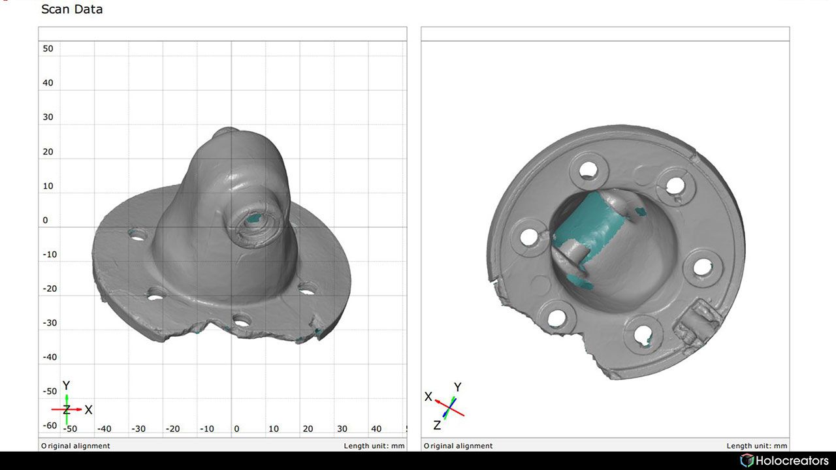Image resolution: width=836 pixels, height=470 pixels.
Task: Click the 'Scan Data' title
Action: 72,9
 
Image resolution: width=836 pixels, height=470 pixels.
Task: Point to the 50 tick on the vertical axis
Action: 48,48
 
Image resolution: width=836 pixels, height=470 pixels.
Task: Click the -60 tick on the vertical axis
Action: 50,426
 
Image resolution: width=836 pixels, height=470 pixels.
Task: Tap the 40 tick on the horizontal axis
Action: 376,429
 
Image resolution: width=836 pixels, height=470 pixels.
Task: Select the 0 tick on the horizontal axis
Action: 236,429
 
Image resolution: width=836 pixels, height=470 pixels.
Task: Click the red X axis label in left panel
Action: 89,410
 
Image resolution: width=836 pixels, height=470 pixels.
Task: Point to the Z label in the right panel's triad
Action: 437,425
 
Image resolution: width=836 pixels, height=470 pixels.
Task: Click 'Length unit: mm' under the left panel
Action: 374,446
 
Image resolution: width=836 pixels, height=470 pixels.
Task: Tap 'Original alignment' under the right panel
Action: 458,446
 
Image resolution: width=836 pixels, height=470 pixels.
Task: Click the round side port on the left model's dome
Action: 255,223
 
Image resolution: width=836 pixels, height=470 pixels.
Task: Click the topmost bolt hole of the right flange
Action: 588,170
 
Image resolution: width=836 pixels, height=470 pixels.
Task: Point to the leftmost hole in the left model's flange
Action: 137,234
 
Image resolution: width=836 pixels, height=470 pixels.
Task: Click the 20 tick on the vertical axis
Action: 48,151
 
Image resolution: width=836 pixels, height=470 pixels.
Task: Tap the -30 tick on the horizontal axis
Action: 138,429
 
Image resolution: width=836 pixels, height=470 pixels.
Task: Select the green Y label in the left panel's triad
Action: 66,386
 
